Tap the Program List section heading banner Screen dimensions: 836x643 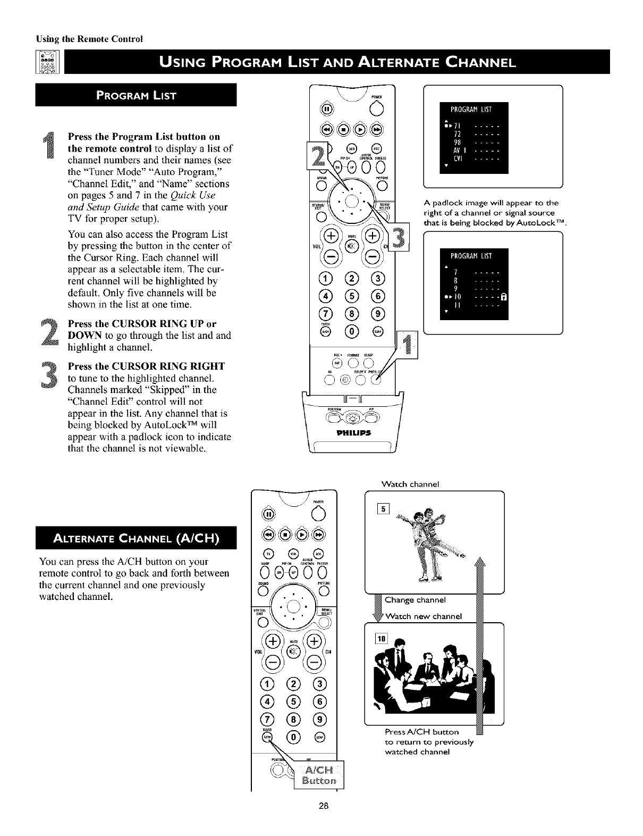(136, 96)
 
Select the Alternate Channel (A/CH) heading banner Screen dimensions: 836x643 (136, 538)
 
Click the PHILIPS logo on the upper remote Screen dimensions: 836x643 (351, 432)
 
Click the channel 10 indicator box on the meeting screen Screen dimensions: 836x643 (383, 639)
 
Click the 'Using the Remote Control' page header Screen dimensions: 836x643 (91, 39)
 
